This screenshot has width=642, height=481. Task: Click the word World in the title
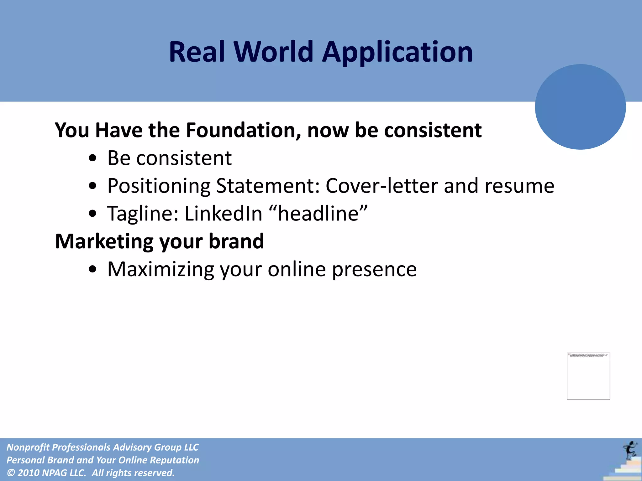[273, 52]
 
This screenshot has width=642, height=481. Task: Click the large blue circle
[580, 107]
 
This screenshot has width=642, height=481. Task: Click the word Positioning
[159, 186]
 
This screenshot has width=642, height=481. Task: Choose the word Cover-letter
[381, 186]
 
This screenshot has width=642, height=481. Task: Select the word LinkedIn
[223, 214]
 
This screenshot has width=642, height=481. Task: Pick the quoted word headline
[318, 214]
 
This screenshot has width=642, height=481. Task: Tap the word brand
[236, 241]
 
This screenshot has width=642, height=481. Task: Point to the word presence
[374, 269]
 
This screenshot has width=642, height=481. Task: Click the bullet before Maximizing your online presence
[92, 269]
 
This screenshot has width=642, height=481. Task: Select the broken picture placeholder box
[588, 376]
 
